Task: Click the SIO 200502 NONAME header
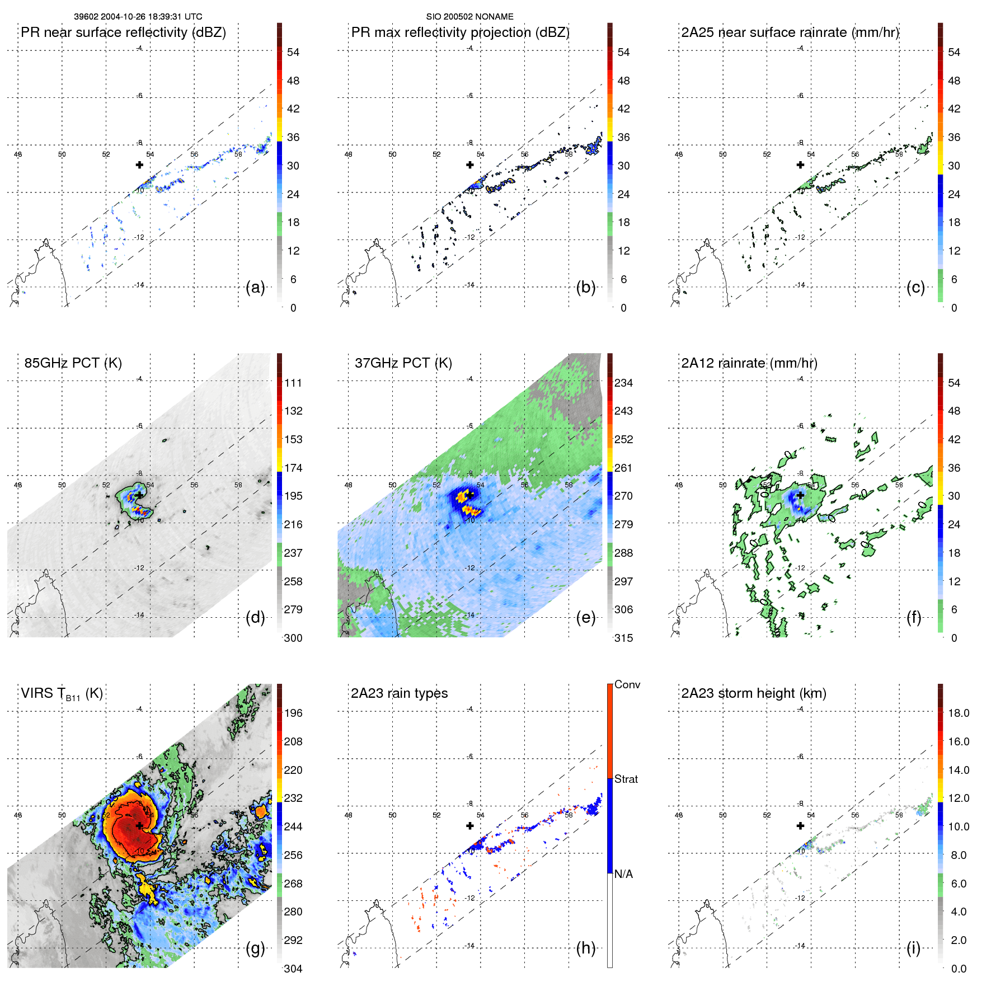click(469, 17)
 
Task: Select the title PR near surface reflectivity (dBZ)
click(123, 32)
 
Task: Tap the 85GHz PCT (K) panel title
click(73, 363)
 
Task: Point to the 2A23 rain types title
click(399, 693)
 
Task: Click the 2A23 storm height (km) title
click(753, 693)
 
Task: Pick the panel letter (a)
click(255, 288)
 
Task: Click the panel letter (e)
click(585, 618)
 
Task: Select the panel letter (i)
click(913, 948)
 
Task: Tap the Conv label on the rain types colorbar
click(627, 685)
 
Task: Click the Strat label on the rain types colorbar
click(626, 779)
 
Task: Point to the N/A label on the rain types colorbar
click(623, 874)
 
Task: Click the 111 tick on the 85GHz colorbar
click(293, 383)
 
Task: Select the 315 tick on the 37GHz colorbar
click(623, 638)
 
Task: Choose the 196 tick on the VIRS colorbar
click(293, 713)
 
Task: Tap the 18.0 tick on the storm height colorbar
click(958, 713)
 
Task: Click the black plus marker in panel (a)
click(139, 165)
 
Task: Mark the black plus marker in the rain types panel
click(470, 825)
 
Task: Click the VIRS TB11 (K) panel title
click(62, 694)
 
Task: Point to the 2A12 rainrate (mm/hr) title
click(749, 363)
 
